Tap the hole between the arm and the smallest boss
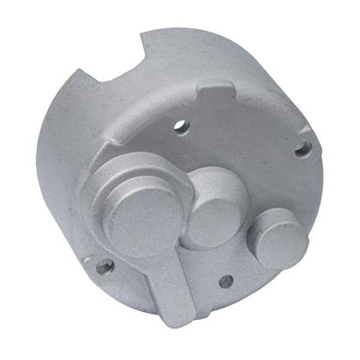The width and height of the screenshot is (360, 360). point(225,280)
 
